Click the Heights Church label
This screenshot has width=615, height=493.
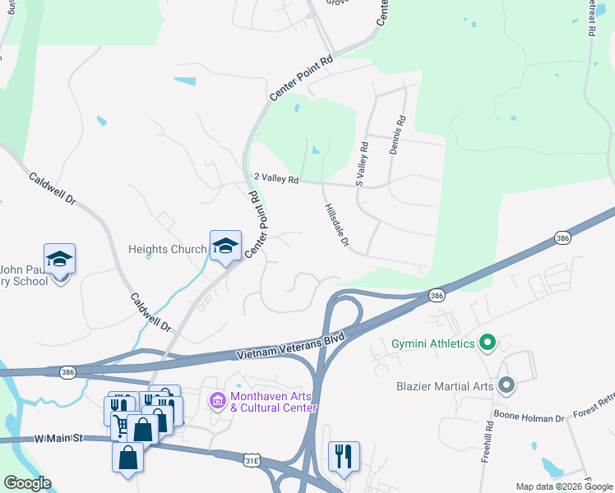coord(168,249)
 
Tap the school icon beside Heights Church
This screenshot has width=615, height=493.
coord(225,246)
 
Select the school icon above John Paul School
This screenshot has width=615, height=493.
coord(59,259)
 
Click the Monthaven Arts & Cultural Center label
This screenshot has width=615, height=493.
coord(273,401)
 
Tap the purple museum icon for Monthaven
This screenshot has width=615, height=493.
coord(218,401)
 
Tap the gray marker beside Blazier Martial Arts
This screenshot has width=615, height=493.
coord(506,384)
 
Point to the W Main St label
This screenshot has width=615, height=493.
coord(59,440)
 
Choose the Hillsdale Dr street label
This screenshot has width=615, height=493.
coord(337,226)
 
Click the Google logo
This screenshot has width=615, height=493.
coord(27,484)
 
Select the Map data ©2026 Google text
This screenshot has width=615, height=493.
coord(564,486)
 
